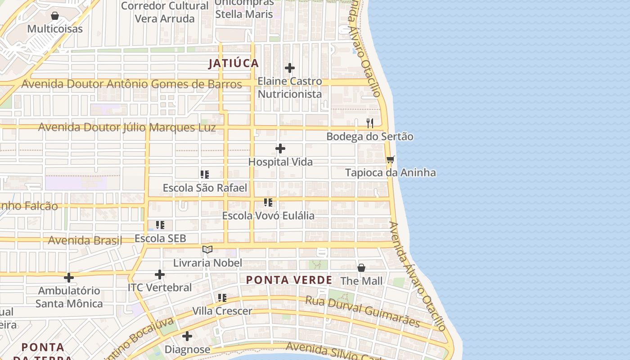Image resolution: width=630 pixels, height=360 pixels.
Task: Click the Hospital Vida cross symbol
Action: (x=280, y=148)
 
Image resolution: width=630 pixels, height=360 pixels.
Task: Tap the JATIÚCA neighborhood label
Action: (x=234, y=63)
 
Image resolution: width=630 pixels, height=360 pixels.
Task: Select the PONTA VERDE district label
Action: (x=289, y=280)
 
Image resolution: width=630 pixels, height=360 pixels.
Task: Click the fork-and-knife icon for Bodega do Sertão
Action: (x=370, y=123)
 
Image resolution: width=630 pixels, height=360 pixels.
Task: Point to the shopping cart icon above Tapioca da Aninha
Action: (x=391, y=159)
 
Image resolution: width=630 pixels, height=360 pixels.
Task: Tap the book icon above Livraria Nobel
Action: (x=207, y=249)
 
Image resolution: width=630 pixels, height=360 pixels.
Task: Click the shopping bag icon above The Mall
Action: (x=361, y=268)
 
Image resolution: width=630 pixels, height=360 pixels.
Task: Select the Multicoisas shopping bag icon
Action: (x=55, y=16)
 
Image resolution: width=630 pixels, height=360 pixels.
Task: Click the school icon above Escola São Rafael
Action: (x=205, y=174)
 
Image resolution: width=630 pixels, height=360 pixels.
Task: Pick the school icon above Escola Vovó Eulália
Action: (x=268, y=202)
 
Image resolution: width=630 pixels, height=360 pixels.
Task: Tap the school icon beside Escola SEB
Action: (x=160, y=225)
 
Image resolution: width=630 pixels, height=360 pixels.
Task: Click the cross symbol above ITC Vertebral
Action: (x=160, y=274)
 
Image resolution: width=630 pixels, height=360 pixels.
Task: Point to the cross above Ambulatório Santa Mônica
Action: (x=69, y=277)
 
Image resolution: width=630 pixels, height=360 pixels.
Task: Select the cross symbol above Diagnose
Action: (x=187, y=336)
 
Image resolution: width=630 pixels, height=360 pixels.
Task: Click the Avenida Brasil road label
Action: (x=85, y=240)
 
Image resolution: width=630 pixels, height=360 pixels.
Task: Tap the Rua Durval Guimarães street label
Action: (x=363, y=311)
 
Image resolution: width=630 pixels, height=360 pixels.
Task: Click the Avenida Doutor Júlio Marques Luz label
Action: (x=127, y=127)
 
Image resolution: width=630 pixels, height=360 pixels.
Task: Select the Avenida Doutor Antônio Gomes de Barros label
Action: (x=131, y=84)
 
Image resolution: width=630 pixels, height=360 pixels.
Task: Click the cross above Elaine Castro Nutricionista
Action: (x=290, y=68)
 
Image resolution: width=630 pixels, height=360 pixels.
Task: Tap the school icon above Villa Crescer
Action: (x=222, y=297)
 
